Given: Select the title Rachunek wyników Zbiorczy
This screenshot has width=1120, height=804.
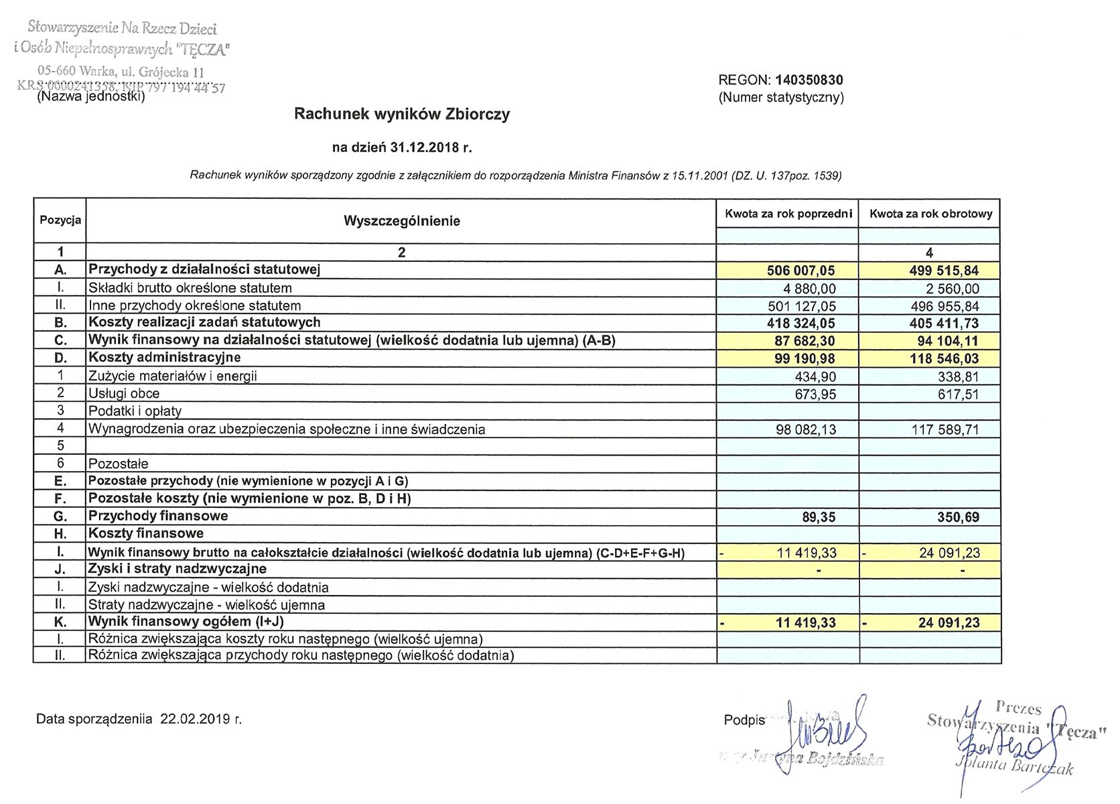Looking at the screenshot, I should click(402, 114).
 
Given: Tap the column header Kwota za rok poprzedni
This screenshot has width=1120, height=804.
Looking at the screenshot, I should click(788, 214).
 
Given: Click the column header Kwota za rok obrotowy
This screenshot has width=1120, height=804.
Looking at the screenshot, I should click(930, 214).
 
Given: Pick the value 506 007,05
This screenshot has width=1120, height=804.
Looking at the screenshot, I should click(800, 271).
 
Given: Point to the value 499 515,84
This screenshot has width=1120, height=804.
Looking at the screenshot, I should click(944, 271).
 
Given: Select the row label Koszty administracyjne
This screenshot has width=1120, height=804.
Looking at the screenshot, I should click(165, 357).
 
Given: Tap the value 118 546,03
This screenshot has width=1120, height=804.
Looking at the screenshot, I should click(944, 358).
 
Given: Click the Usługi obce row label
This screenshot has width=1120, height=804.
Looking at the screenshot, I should click(124, 393).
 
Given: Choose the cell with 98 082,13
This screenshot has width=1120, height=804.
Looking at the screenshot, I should click(806, 429).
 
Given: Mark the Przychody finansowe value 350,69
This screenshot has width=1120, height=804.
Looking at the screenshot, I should click(958, 517).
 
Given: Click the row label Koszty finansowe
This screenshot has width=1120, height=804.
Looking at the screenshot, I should click(146, 533).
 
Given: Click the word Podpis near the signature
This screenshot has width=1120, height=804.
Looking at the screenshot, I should click(744, 720).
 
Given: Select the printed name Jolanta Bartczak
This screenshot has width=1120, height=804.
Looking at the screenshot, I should click(1014, 765).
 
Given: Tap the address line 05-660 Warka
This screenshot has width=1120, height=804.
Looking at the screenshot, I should click(121, 72).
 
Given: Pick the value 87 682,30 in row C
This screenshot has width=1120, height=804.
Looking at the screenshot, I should click(804, 341).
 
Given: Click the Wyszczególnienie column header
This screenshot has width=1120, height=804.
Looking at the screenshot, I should click(401, 221).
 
